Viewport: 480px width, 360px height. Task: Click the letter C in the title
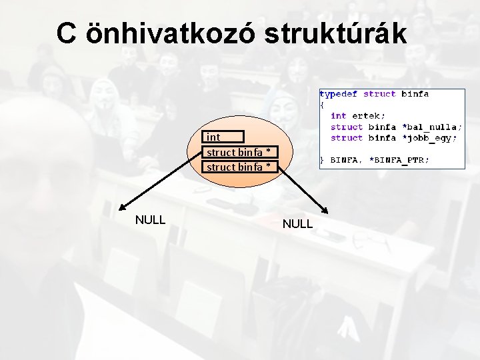pyautogui.click(x=66, y=33)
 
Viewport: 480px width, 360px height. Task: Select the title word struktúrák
pyautogui.click(x=335, y=33)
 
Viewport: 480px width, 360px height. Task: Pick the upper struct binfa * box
pyautogui.click(x=239, y=152)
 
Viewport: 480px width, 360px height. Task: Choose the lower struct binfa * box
pyautogui.click(x=239, y=167)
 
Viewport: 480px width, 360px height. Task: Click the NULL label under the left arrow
pyautogui.click(x=150, y=219)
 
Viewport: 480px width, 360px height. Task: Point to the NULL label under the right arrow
pyautogui.click(x=297, y=224)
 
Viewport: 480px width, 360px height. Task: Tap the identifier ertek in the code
pyautogui.click(x=369, y=116)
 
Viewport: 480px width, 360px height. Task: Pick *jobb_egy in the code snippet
pyautogui.click(x=429, y=138)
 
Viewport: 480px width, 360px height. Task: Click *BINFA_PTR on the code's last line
pyautogui.click(x=399, y=160)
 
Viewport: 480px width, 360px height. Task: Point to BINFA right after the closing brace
pyautogui.click(x=345, y=160)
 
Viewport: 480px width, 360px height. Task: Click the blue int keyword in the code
pyautogui.click(x=338, y=116)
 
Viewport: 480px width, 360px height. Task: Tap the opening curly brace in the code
pyautogui.click(x=322, y=105)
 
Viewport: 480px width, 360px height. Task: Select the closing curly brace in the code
pyautogui.click(x=322, y=160)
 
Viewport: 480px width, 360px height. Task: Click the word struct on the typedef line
pyautogui.click(x=379, y=95)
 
